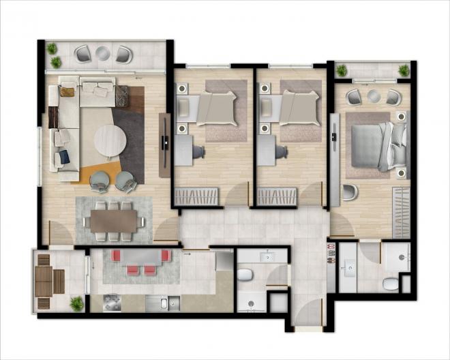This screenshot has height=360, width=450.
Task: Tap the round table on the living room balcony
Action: pyautogui.click(x=103, y=52)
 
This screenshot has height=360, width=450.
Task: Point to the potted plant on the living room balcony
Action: pyautogui.click(x=52, y=49)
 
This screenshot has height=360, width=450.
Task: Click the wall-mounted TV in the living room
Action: pyautogui.click(x=165, y=142)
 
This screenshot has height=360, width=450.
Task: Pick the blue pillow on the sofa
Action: pyautogui.click(x=64, y=156)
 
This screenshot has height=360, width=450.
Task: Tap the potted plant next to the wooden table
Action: pyautogui.click(x=77, y=303)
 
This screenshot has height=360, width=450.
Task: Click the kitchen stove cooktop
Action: pyautogui.click(x=112, y=303)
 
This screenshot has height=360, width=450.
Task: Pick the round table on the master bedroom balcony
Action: pyautogui.click(x=374, y=95)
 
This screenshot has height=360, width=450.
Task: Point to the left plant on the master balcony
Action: pyautogui.click(x=342, y=70)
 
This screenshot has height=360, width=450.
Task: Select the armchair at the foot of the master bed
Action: pyautogui.click(x=349, y=192)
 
